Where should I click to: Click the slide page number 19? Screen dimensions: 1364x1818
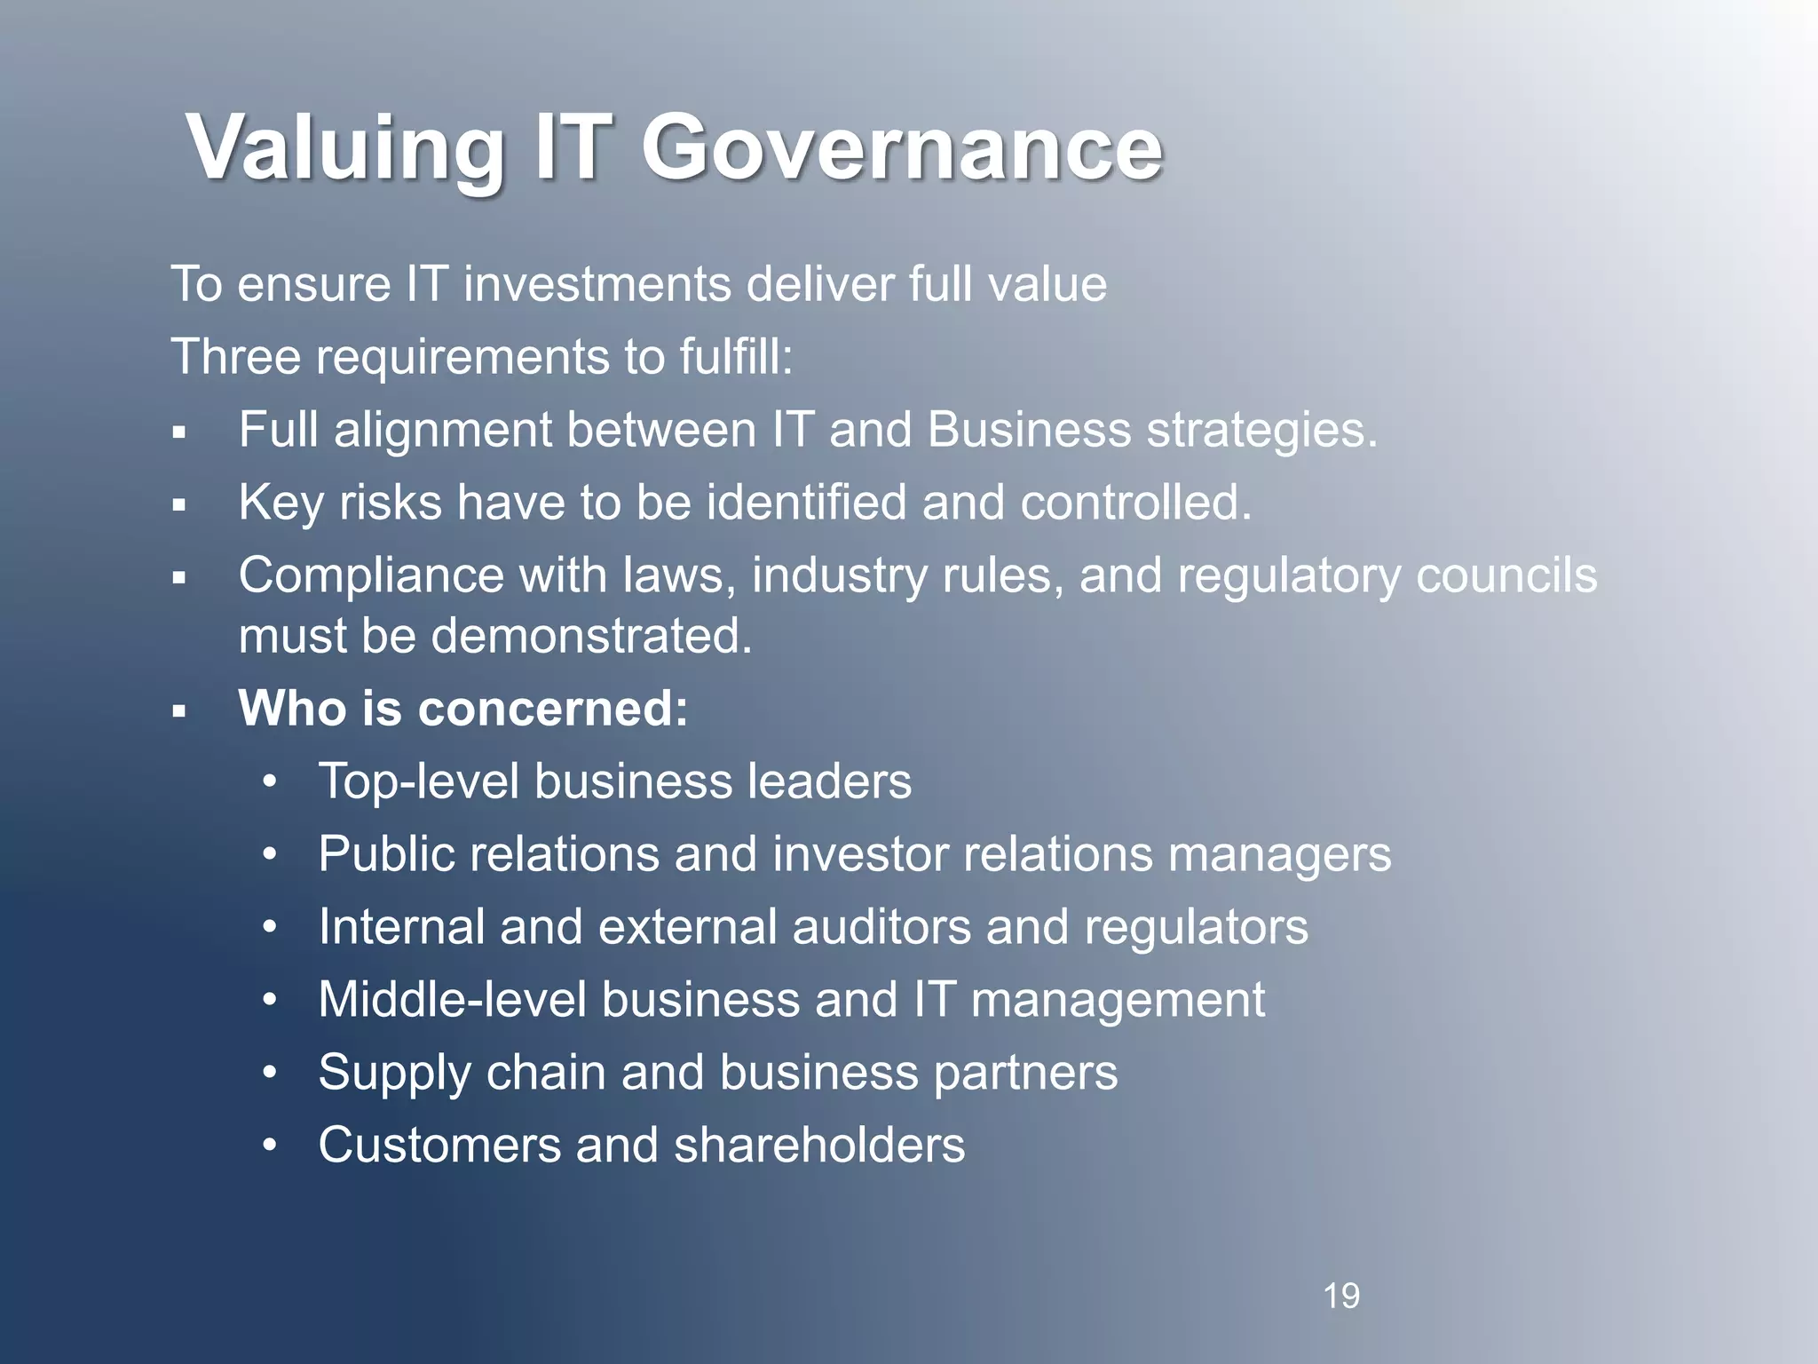1341,1296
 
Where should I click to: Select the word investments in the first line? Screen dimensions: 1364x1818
597,284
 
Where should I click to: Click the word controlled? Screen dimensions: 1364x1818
1135,503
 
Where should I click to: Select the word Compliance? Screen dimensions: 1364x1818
371,575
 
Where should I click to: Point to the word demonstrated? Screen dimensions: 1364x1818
592,636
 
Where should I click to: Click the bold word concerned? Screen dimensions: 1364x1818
552,709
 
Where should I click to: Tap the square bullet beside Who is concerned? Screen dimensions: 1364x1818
179,711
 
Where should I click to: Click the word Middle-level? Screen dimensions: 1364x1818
453,1000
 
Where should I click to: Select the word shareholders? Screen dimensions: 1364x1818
819,1145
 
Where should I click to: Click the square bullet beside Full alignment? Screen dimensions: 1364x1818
179,433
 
